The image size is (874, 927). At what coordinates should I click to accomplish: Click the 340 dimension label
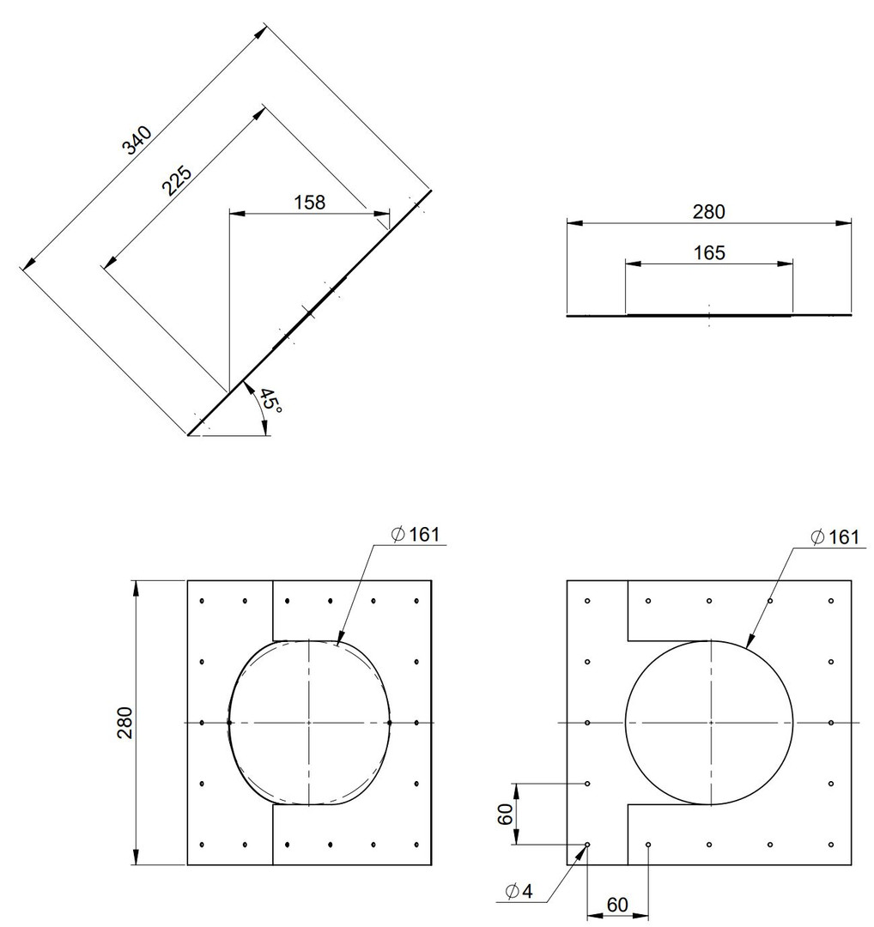137,141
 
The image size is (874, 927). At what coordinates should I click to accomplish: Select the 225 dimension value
177,181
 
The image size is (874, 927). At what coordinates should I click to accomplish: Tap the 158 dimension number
310,203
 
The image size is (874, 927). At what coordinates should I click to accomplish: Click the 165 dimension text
709,253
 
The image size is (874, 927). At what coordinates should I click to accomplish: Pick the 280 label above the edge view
709,212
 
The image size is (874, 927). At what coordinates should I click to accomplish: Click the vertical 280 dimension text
125,723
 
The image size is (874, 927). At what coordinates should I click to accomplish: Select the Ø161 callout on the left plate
416,535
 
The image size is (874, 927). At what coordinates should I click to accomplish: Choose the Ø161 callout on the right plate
835,536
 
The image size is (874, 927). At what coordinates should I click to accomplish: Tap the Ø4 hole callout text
519,891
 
